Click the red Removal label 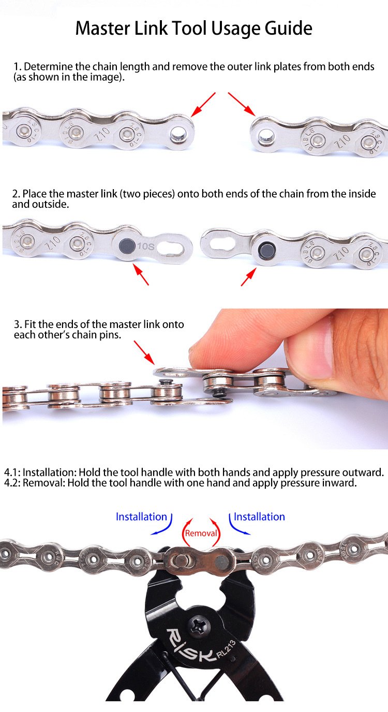(x=201, y=533)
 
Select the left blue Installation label (x=141, y=517)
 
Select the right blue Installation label (x=259, y=517)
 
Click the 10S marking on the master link (x=145, y=246)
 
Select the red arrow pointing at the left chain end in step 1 (x=203, y=104)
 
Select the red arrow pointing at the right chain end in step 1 (x=242, y=104)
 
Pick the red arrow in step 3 (x=144, y=353)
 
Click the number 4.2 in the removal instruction (x=12, y=483)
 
